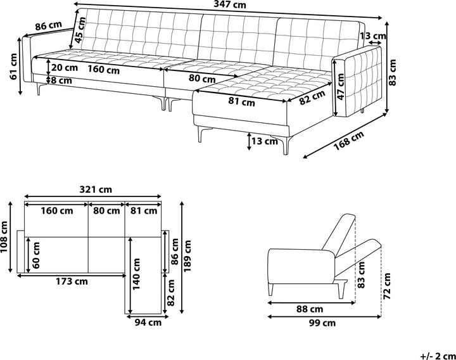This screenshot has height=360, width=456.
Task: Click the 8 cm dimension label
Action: (61, 80)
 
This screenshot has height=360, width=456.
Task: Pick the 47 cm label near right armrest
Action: (340, 87)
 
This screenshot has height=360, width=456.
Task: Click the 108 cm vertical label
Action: (5, 236)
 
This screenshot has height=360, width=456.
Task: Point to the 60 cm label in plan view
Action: (37, 254)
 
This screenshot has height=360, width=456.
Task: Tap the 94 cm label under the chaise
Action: (148, 322)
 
